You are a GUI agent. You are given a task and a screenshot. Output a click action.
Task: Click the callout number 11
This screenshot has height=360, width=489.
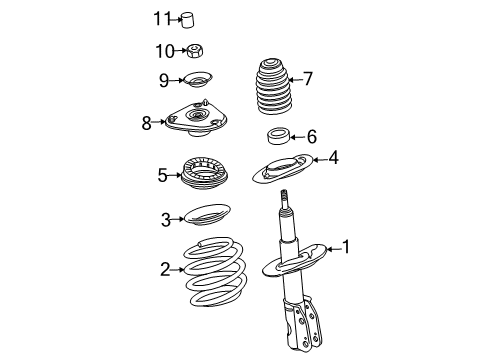pos(161,18)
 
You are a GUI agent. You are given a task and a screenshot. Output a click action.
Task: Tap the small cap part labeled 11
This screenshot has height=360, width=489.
pos(188,19)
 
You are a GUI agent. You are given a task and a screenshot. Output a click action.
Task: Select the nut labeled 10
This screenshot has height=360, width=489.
pos(196,51)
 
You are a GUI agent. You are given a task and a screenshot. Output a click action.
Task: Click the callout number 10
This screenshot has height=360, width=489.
pos(163,51)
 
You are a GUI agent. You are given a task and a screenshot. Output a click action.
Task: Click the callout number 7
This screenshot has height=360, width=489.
pos(308,77)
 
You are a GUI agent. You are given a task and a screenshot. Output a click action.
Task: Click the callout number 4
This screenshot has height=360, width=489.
pos(334,157)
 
